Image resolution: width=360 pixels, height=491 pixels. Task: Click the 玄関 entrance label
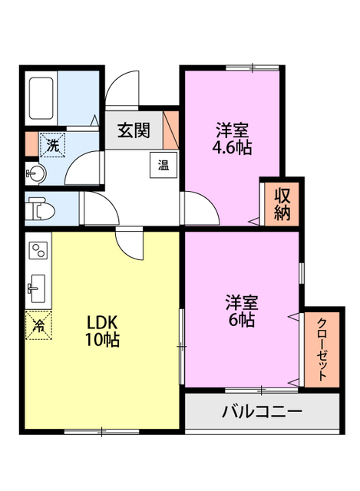[134, 130]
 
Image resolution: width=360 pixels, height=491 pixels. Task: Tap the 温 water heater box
[164, 163]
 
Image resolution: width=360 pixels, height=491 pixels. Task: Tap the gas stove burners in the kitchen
[38, 251]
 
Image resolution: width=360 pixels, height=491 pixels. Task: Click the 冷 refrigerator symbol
[38, 324]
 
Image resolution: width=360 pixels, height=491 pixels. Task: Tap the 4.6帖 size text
[233, 147]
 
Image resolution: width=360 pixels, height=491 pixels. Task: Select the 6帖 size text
[240, 320]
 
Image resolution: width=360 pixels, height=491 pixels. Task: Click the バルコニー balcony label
[262, 411]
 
